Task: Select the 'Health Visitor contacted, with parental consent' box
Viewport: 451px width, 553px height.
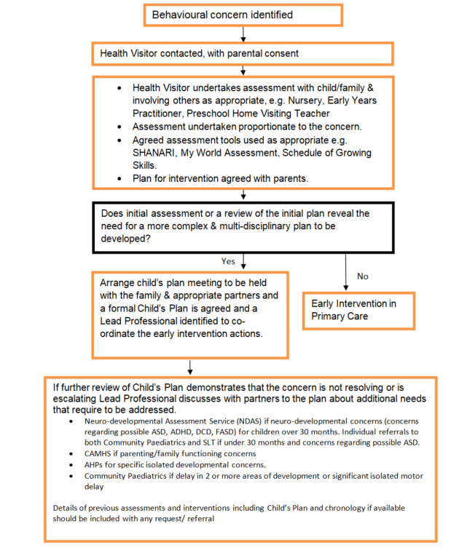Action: pos(241,53)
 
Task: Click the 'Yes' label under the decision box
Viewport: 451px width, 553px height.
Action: pos(228,260)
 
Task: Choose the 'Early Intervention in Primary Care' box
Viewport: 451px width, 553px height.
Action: pos(358,310)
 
